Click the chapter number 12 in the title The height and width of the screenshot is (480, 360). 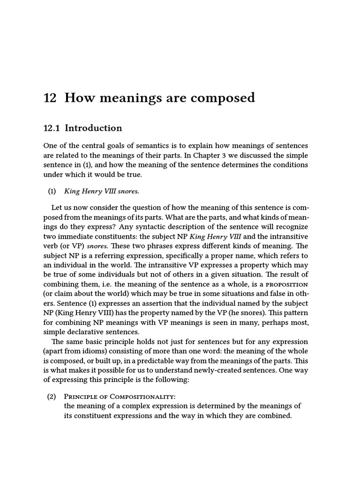(50, 98)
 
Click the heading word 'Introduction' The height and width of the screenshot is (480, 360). (93, 128)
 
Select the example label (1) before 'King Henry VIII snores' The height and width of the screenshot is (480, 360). (52, 191)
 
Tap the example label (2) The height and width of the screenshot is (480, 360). (52, 397)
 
